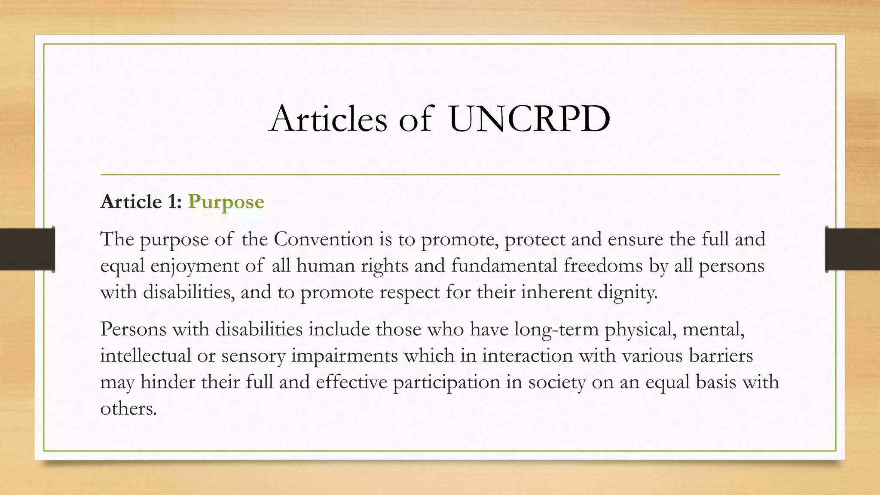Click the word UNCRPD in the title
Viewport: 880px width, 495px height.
pyautogui.click(x=529, y=119)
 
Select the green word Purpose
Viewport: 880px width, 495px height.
pyautogui.click(x=226, y=202)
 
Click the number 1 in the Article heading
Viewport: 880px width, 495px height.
pyautogui.click(x=171, y=202)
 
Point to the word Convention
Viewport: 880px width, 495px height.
pyautogui.click(x=324, y=239)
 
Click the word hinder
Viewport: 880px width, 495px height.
pyautogui.click(x=168, y=382)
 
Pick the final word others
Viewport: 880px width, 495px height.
pyautogui.click(x=128, y=408)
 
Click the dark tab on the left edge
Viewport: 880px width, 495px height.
pyautogui.click(x=27, y=249)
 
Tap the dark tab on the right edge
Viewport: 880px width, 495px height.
pyautogui.click(x=852, y=249)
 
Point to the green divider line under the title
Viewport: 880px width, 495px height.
pyautogui.click(x=440, y=175)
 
